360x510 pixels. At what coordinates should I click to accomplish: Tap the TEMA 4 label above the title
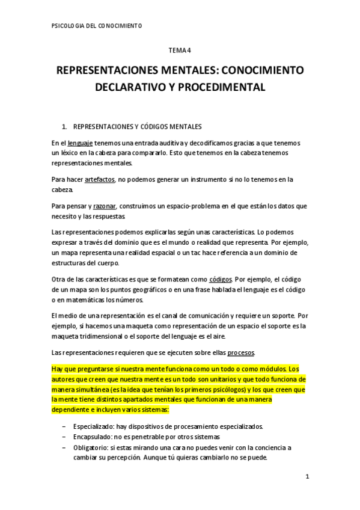pos(180,52)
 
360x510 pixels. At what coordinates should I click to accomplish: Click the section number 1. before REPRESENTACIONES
pos(66,127)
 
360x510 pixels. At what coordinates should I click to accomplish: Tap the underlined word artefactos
pos(100,179)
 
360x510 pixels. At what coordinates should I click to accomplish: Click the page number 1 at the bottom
pos(307,477)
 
